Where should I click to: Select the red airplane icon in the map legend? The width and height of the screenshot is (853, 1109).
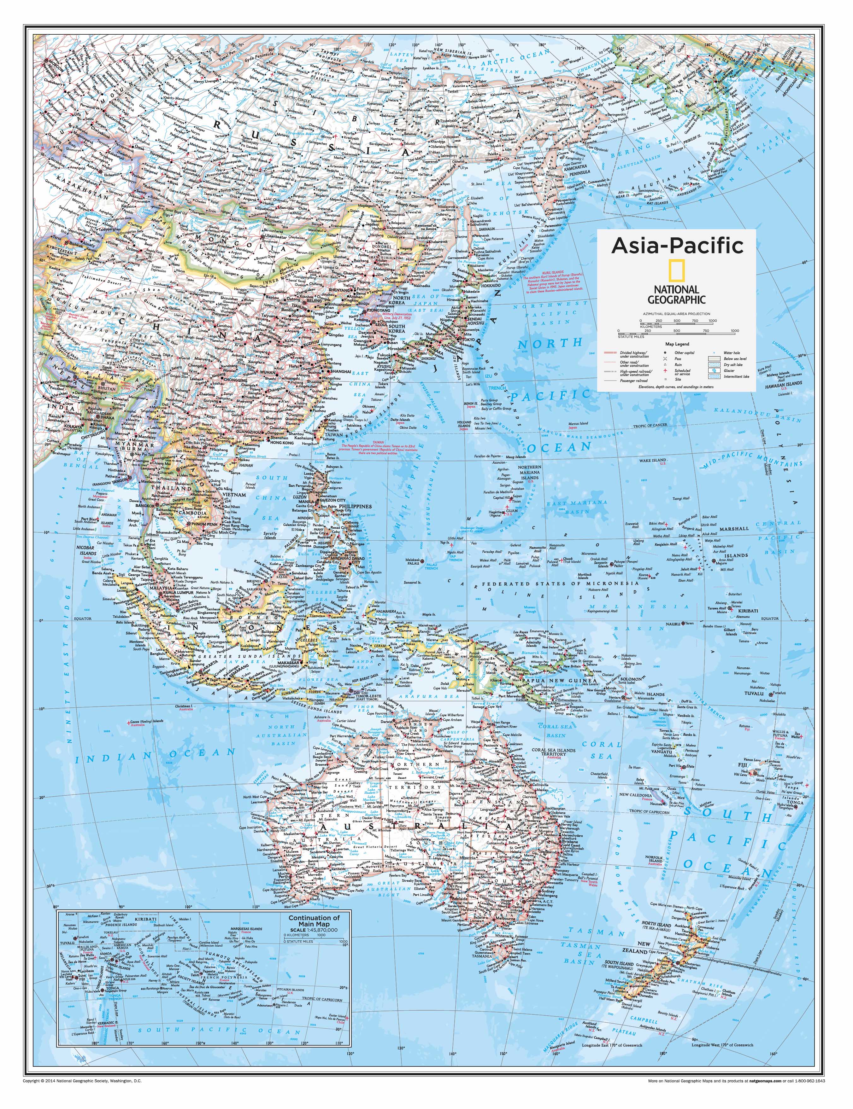(665, 371)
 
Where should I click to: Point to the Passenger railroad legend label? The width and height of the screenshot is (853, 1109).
(634, 379)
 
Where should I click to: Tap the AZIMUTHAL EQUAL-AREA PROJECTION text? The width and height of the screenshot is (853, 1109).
(676, 314)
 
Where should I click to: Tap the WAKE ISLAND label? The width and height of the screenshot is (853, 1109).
(652, 461)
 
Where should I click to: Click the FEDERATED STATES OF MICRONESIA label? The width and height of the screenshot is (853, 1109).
(558, 584)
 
